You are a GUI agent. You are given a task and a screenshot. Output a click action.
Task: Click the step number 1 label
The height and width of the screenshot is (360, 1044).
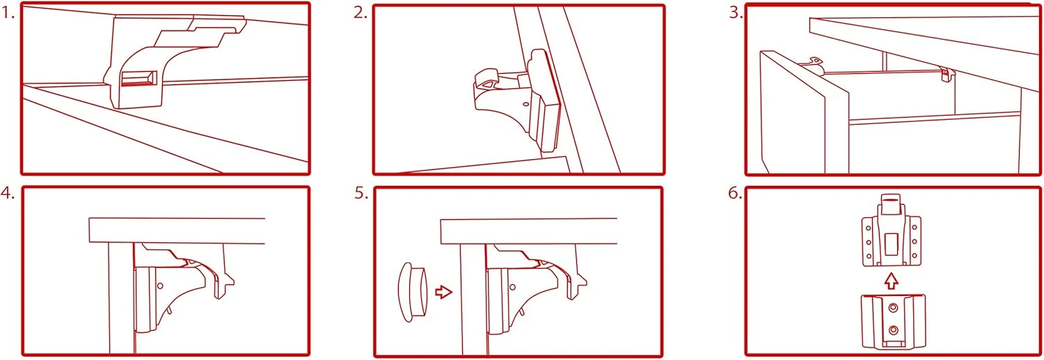pyautogui.click(x=8, y=13)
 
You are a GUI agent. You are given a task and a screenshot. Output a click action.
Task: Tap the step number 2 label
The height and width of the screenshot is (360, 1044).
pyautogui.click(x=360, y=13)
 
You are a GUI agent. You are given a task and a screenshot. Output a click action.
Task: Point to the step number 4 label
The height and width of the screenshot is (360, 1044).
pyautogui.click(x=8, y=194)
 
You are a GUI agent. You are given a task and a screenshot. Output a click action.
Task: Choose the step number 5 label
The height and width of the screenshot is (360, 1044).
pyautogui.click(x=360, y=194)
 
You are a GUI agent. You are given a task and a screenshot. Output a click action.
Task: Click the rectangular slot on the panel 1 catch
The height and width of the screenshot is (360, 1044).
pyautogui.click(x=138, y=79)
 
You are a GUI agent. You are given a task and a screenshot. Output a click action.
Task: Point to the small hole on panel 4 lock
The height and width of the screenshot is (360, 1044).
pyautogui.click(x=160, y=285)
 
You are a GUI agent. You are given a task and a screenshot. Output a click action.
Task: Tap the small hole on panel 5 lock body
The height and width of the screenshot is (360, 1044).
pyautogui.click(x=512, y=285)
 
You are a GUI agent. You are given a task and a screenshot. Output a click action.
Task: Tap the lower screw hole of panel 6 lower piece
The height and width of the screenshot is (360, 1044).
pyautogui.click(x=893, y=329)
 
